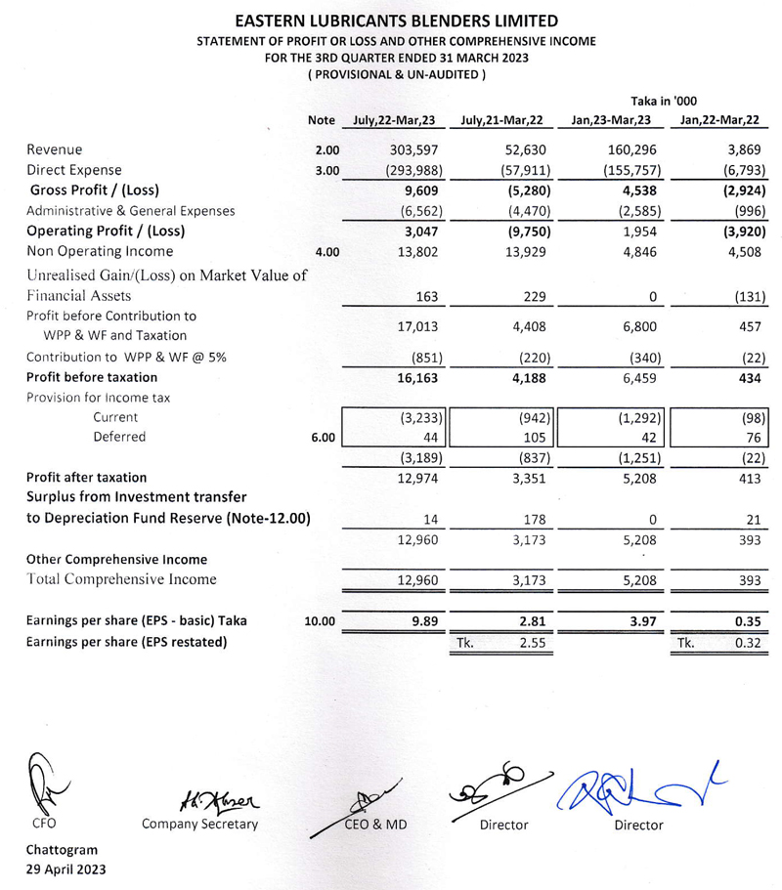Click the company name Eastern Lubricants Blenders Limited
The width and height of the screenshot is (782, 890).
[x=391, y=21]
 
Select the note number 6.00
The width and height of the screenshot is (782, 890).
[x=324, y=437]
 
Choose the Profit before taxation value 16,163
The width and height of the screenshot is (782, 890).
[x=417, y=376]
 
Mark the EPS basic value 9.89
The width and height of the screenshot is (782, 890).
[x=426, y=620]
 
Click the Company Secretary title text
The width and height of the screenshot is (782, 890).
[x=200, y=825]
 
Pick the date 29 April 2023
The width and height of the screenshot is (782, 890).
[x=65, y=869]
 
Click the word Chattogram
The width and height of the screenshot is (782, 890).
[x=62, y=849]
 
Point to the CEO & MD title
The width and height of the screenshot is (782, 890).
[x=375, y=825]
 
